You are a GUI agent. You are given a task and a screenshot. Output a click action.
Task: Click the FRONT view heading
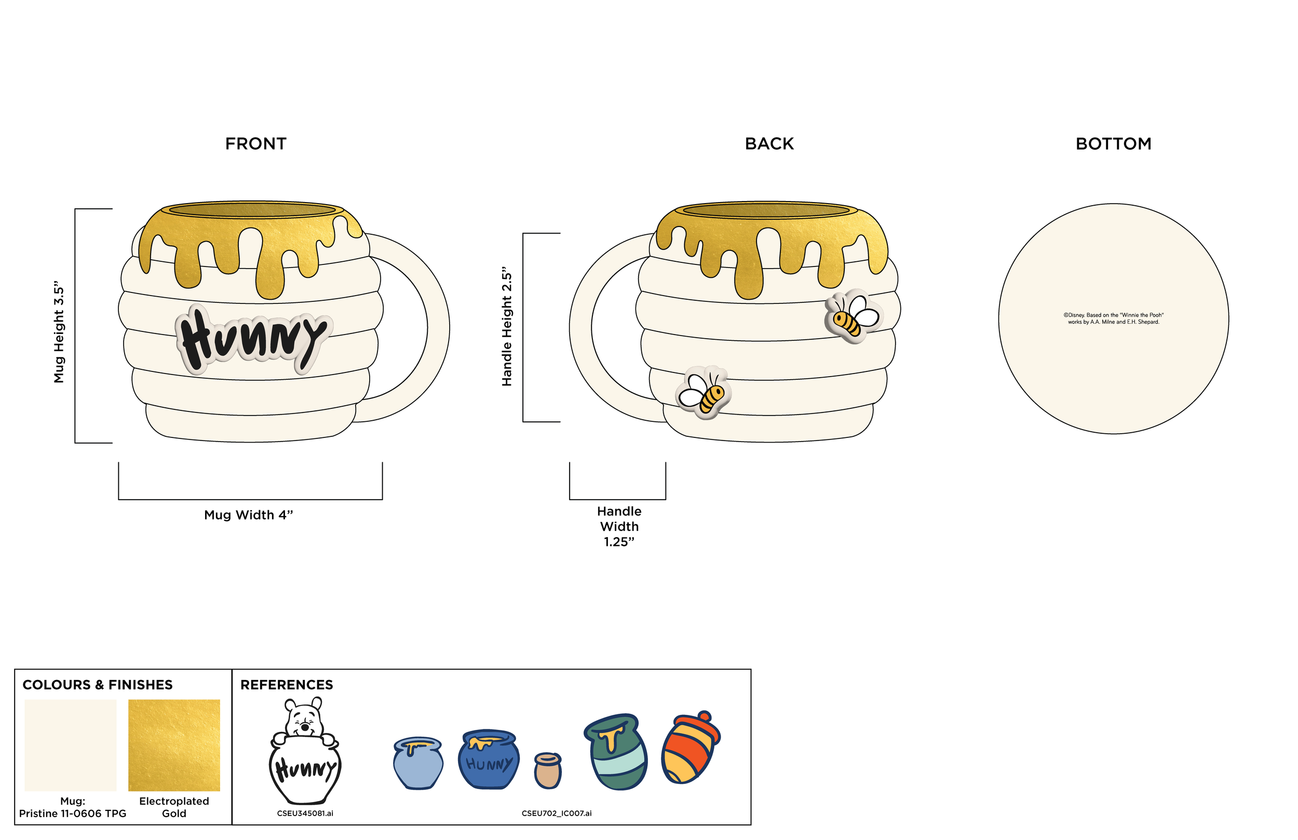point(255,143)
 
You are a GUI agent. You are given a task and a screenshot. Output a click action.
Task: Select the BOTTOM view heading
point(1113,143)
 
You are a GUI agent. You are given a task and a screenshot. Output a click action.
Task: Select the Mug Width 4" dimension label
point(249,515)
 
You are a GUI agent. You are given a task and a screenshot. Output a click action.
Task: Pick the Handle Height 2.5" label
point(506,326)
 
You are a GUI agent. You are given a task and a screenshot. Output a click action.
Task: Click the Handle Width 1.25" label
point(619,526)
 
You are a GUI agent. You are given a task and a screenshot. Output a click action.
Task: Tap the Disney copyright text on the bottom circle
point(1113,318)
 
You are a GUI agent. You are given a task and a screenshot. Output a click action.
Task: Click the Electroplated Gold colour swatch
point(174,745)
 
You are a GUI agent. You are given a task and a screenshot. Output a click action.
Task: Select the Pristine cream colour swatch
point(70,745)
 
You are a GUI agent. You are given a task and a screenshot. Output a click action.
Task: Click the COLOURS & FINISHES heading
point(98,685)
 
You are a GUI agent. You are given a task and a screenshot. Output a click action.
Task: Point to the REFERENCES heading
point(286,685)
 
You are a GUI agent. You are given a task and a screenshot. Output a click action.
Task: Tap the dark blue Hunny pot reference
point(489,759)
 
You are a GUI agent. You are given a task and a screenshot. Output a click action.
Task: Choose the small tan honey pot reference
point(547,770)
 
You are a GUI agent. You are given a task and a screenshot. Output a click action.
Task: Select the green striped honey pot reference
point(616,752)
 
